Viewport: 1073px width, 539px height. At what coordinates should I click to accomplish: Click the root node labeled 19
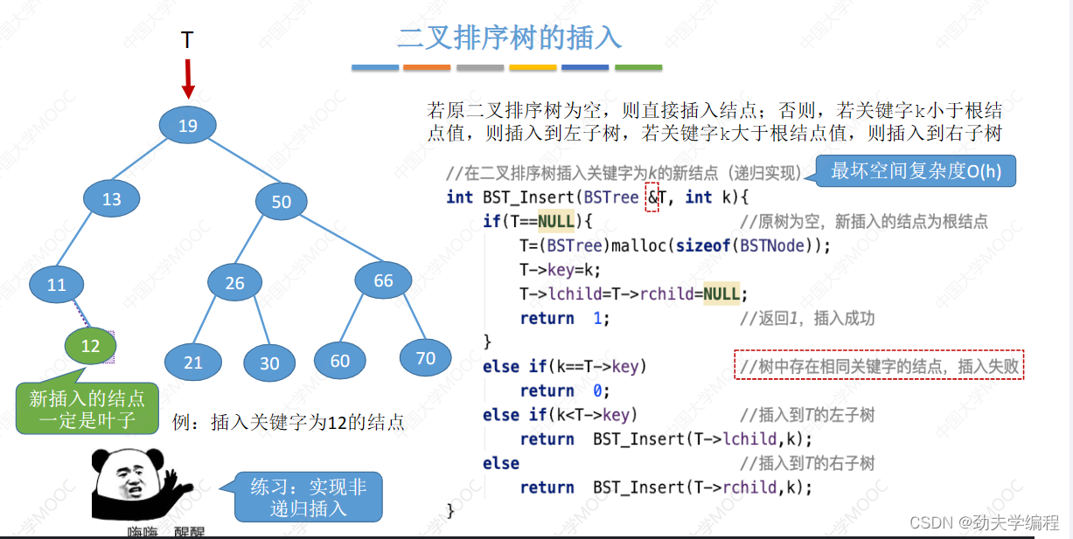(x=188, y=126)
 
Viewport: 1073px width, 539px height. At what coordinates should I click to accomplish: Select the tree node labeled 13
(x=112, y=199)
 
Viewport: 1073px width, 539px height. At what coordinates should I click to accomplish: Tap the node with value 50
(x=282, y=202)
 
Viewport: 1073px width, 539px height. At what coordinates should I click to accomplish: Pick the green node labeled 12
(x=90, y=346)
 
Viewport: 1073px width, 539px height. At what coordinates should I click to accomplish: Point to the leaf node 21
(x=193, y=363)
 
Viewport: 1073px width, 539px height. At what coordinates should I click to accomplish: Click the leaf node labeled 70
(x=425, y=357)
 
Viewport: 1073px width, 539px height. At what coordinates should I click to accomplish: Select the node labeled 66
(x=383, y=280)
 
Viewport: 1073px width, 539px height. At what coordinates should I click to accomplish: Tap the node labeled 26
(x=234, y=283)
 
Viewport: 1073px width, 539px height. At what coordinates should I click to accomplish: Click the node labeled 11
(x=57, y=284)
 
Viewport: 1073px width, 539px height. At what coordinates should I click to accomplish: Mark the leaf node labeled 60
(x=339, y=361)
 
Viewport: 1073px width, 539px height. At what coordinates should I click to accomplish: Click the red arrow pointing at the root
(x=188, y=79)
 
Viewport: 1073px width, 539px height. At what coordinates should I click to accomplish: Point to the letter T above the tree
(x=187, y=40)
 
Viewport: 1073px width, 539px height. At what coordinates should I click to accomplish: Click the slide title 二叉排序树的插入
(x=509, y=38)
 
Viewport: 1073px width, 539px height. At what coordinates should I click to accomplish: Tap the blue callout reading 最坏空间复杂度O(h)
(x=915, y=171)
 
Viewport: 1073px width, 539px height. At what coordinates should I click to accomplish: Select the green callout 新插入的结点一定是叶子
(x=87, y=409)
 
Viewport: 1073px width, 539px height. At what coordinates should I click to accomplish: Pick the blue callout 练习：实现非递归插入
(x=309, y=497)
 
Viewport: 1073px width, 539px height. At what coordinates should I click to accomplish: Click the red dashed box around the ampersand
(x=651, y=197)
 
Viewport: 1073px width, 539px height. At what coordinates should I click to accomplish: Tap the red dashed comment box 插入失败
(x=879, y=367)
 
